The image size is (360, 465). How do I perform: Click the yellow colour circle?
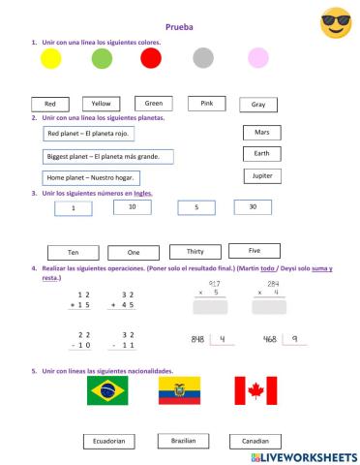51,59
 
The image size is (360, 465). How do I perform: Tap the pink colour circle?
256,58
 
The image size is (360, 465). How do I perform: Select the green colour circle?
102,59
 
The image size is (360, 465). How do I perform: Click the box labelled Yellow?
100,104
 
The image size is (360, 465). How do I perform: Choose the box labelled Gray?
257,105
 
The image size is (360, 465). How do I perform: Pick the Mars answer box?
261,132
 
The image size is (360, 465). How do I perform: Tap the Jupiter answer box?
261,176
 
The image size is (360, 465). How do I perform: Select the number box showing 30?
253,206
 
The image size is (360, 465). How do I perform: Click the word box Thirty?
188,252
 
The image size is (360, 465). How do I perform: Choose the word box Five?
255,250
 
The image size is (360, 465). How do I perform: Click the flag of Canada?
255,389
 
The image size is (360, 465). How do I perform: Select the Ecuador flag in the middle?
178,389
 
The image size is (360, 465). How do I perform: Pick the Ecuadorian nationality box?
107,441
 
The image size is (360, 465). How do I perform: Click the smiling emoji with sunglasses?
335,22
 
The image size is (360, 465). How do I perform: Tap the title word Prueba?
179,28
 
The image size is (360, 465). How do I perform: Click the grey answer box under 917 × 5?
212,307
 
